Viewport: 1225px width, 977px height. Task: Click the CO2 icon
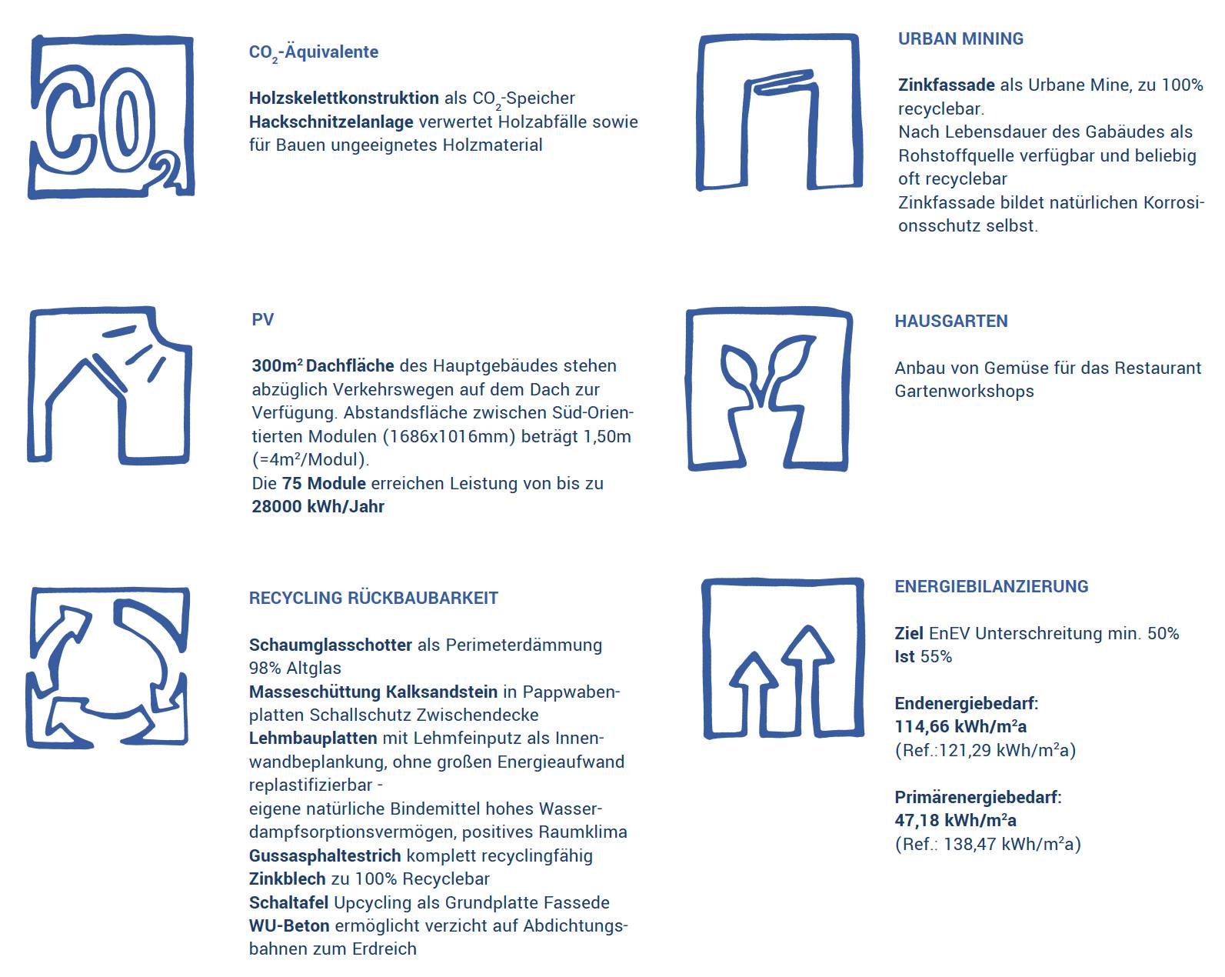(111, 117)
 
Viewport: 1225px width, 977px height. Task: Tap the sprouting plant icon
(769, 390)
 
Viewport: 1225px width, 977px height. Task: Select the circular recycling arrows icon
(108, 667)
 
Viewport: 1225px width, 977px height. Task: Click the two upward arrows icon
(783, 659)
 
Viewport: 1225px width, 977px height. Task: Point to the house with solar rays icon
(109, 385)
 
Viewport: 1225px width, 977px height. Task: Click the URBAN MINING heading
(960, 39)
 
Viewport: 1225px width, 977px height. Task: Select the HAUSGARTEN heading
(950, 322)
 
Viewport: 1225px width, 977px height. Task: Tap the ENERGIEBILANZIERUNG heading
(991, 587)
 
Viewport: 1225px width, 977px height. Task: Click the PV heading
(262, 320)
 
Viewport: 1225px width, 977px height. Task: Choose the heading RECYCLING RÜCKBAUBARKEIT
(373, 599)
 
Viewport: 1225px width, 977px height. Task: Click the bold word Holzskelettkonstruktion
(344, 98)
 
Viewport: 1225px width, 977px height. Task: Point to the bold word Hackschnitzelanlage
(331, 122)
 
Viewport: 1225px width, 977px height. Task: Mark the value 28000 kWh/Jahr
(318, 507)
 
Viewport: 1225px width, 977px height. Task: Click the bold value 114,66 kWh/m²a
(960, 727)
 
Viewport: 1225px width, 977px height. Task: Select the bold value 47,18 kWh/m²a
(955, 821)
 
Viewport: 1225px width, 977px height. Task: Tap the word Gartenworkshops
(964, 392)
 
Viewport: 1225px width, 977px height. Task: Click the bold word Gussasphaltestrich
(325, 856)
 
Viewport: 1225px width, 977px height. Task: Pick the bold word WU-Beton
(288, 926)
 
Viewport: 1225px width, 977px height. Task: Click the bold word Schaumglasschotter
(330, 645)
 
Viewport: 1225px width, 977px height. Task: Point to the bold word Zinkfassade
(946, 85)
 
